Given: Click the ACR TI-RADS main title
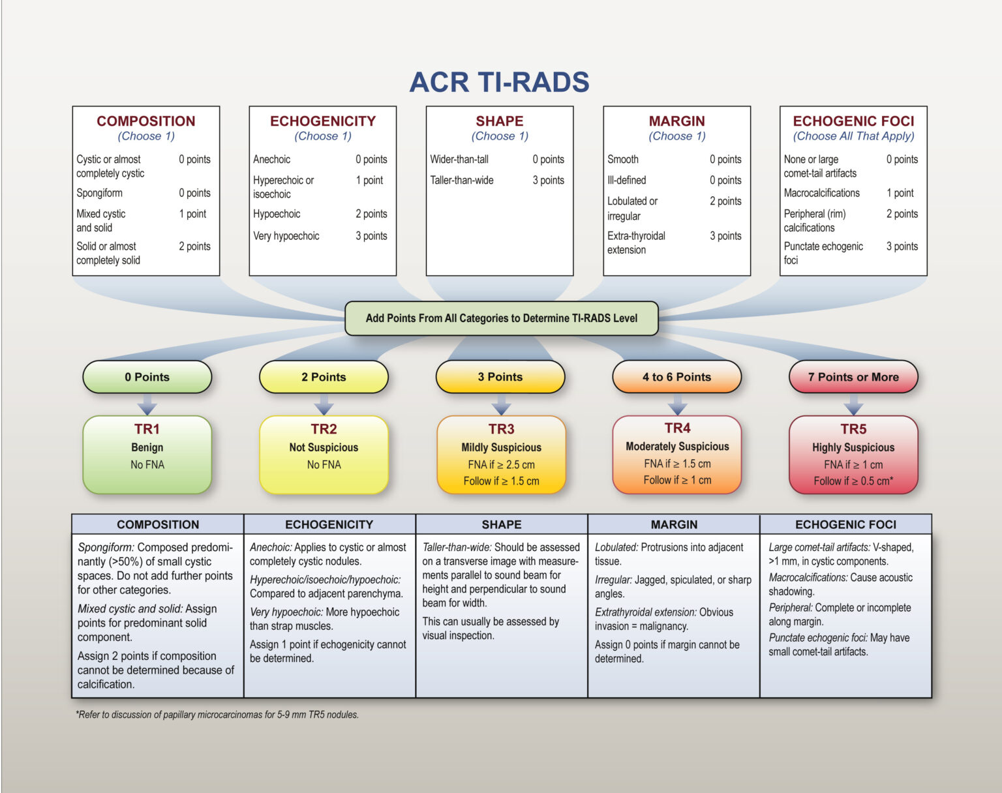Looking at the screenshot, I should [499, 83].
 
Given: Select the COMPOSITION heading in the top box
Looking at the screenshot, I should [146, 121].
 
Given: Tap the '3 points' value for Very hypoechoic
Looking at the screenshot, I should [371, 236].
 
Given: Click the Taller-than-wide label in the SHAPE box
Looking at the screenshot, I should [462, 180].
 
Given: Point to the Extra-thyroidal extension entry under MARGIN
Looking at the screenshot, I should [636, 243].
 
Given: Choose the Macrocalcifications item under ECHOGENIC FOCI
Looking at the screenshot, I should [821, 193].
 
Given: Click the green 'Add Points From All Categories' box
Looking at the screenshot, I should [501, 318].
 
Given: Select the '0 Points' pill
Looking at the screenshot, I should [147, 377].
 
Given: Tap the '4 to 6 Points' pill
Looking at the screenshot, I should [676, 377].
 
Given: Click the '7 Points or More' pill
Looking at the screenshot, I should [853, 377].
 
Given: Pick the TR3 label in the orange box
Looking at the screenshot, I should [501, 429].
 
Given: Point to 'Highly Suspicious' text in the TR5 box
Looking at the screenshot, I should [853, 447].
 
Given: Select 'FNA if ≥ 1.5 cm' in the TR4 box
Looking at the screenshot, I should [677, 464].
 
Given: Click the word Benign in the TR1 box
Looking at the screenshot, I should [147, 447].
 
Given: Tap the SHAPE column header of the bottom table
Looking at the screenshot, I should [501, 524].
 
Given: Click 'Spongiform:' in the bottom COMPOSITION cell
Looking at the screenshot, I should [106, 547].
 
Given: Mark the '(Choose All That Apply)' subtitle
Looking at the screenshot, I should [853, 136].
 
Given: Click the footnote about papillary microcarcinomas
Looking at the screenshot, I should [217, 715].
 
